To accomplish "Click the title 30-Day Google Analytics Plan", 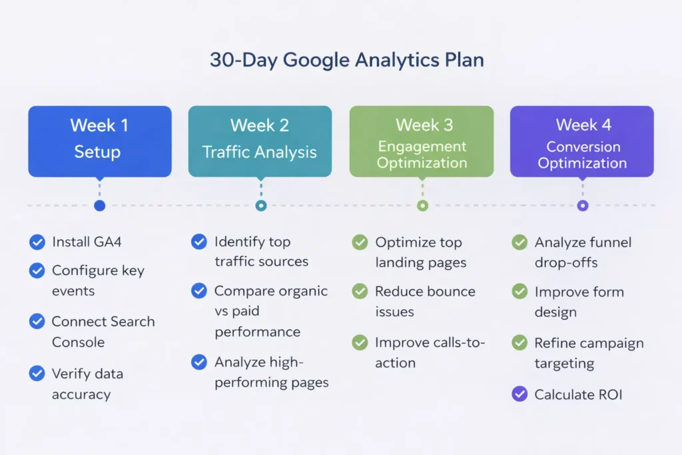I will (x=346, y=60).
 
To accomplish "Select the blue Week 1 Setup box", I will (x=100, y=141).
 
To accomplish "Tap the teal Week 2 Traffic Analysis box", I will (x=260, y=141).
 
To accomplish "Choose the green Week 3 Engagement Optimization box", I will (x=422, y=141).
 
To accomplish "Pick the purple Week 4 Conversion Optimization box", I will (x=582, y=141).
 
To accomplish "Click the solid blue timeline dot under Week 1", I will (x=100, y=206).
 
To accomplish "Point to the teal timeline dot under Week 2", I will (x=261, y=206).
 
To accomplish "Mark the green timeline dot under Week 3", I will (x=422, y=206).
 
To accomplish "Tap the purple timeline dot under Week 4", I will (x=583, y=206).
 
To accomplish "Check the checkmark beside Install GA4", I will (x=37, y=242).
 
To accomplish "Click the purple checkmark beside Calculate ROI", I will (x=519, y=394).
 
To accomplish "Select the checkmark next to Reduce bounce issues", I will (x=360, y=292).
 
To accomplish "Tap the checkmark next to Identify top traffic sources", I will (x=198, y=242).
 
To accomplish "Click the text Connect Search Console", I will (x=103, y=332).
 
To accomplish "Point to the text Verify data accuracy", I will (x=87, y=384).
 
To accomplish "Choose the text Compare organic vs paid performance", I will (x=270, y=311).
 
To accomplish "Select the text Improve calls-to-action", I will (x=430, y=352).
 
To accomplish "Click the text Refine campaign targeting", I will (x=589, y=353).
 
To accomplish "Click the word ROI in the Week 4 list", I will (x=609, y=394).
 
